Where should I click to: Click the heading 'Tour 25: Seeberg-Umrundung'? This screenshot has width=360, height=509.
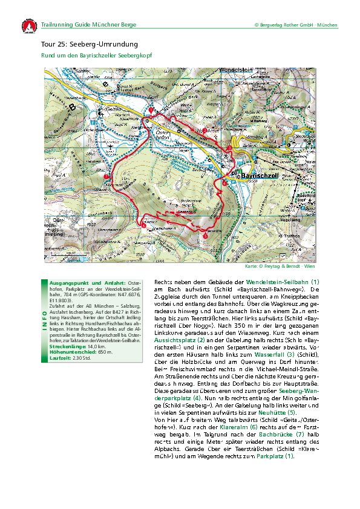(90, 45)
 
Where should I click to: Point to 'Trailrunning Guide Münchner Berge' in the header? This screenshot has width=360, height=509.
(89, 25)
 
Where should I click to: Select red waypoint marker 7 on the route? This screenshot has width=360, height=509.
(106, 176)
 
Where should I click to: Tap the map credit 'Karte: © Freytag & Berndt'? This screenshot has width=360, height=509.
(287, 266)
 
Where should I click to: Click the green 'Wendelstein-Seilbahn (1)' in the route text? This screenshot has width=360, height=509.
(283, 282)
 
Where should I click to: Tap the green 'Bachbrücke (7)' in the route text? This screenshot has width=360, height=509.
(279, 434)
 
